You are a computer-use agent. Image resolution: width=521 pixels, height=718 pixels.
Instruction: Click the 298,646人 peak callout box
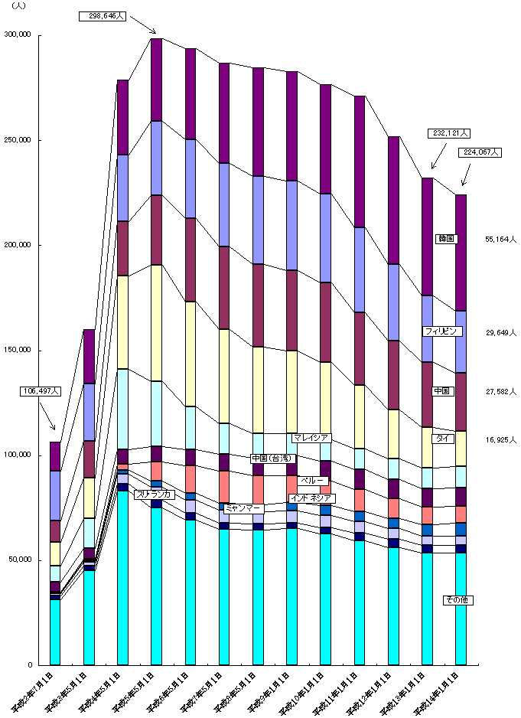point(103,16)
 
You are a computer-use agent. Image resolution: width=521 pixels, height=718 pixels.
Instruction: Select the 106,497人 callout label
point(40,391)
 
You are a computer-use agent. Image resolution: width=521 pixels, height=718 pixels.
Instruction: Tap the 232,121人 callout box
point(448,133)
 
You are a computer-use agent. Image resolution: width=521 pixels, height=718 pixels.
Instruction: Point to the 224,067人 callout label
point(481,152)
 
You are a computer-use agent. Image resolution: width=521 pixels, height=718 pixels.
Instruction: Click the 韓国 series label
point(446,239)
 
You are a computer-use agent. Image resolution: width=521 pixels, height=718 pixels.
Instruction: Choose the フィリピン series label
point(444,331)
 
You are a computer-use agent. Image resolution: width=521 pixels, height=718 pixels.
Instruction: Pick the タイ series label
point(443,439)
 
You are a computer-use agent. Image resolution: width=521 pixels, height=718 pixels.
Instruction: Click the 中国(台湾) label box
point(272,459)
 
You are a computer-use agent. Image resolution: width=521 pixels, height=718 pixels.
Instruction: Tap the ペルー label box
point(313,481)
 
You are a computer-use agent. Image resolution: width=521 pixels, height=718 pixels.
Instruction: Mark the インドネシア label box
point(310,498)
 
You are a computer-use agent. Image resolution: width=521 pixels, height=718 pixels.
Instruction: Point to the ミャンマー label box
point(243,508)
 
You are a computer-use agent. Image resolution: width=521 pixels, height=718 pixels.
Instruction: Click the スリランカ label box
point(155,494)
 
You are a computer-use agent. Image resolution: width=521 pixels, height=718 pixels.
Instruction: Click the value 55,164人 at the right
point(500,239)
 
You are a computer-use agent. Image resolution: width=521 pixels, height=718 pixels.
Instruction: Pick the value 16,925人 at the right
point(500,440)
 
